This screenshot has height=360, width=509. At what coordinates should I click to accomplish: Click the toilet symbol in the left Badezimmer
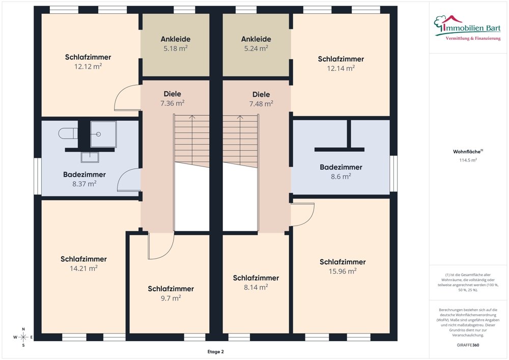coord(68,133)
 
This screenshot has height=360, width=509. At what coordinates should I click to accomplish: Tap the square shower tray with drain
coord(103,134)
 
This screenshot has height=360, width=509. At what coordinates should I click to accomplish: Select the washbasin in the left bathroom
coord(90,157)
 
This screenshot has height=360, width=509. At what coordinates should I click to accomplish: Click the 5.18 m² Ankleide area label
coord(176,48)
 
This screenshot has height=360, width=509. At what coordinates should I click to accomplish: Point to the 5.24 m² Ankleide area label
coord(256,48)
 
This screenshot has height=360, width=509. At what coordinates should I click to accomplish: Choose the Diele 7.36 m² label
coord(173,98)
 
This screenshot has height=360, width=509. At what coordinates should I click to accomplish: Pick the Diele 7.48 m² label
coord(261,99)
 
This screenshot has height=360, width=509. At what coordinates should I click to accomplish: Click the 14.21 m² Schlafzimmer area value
coord(84,268)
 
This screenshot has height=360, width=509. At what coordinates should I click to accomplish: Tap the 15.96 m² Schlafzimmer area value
coord(343,271)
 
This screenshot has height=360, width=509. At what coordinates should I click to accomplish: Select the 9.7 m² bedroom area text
coord(171,298)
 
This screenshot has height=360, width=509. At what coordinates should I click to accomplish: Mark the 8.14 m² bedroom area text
coord(256,287)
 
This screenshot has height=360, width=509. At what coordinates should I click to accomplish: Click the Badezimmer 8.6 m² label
coord(341,172)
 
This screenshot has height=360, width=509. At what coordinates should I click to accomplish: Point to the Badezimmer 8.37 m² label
coord(84,179)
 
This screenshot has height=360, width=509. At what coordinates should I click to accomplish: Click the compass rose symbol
coord(23,337)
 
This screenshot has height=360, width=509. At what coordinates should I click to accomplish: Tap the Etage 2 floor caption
coord(215,351)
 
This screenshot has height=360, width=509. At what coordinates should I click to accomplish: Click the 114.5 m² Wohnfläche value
coord(468,160)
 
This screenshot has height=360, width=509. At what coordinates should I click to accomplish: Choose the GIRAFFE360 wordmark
coord(468,345)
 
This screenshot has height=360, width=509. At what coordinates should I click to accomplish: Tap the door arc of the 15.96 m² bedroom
coord(310,218)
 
